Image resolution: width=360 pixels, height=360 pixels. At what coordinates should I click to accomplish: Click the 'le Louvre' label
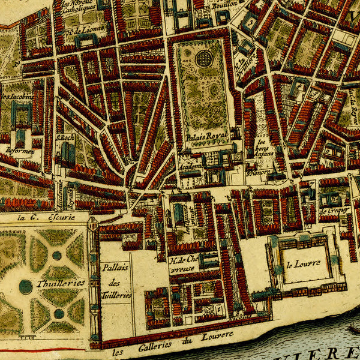[x=303, y=263]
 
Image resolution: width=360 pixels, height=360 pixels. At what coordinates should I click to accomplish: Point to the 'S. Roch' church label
[x=64, y=137]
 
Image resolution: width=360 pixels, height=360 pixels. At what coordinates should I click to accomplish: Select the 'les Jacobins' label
[x=16, y=95]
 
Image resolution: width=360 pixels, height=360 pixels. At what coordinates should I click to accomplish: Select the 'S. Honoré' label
[x=259, y=171]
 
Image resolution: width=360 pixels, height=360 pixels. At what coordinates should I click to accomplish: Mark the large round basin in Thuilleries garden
[x=25, y=287]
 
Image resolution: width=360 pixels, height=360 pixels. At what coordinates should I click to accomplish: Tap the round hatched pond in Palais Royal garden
[x=205, y=59]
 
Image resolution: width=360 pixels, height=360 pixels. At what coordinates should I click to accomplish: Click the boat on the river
[x=353, y=329]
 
